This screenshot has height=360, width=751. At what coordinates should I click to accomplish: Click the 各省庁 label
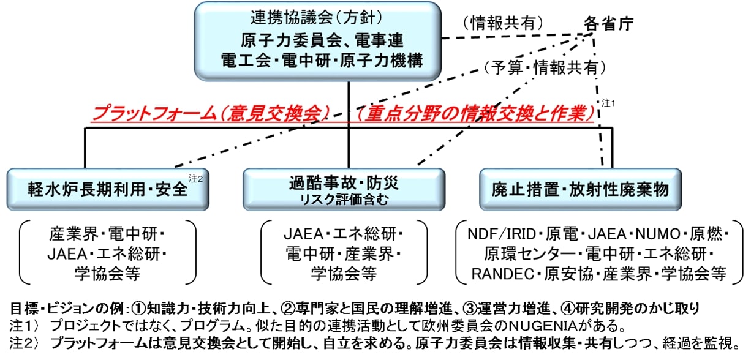tap(608, 24)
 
